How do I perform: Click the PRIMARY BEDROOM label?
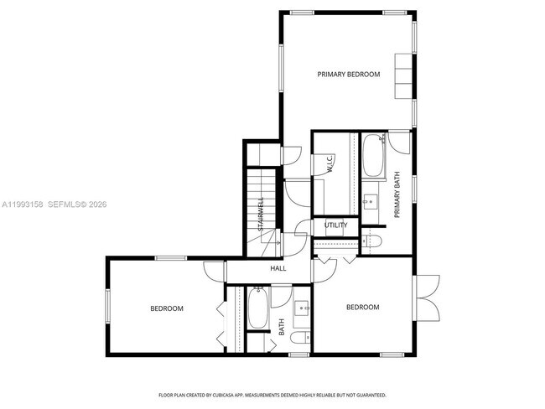[x=348, y=75]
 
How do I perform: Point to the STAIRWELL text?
[x=261, y=215]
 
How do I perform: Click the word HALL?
[x=278, y=269]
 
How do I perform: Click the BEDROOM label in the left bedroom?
[x=166, y=308]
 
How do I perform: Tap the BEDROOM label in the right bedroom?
[x=362, y=308]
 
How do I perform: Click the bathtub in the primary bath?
[x=373, y=156]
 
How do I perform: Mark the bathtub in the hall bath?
[x=257, y=309]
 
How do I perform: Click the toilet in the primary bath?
[x=372, y=241]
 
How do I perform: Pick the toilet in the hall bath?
[x=304, y=338]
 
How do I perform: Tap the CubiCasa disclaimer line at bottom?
[x=272, y=394]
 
